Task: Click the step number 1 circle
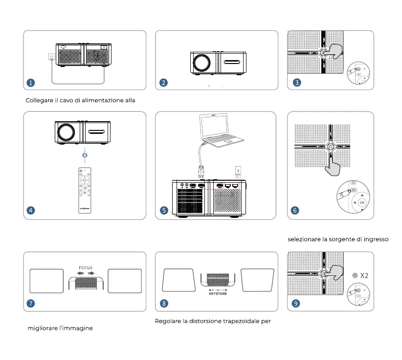[31, 83]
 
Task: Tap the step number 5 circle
[164, 211]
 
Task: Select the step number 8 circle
[164, 303]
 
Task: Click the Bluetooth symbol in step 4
[85, 155]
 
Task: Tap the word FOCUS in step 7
[86, 268]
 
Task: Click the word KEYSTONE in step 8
[218, 295]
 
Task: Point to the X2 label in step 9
[364, 275]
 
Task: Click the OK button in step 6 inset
[362, 202]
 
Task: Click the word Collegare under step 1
[39, 100]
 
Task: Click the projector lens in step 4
[66, 132]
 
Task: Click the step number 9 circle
[296, 303]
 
